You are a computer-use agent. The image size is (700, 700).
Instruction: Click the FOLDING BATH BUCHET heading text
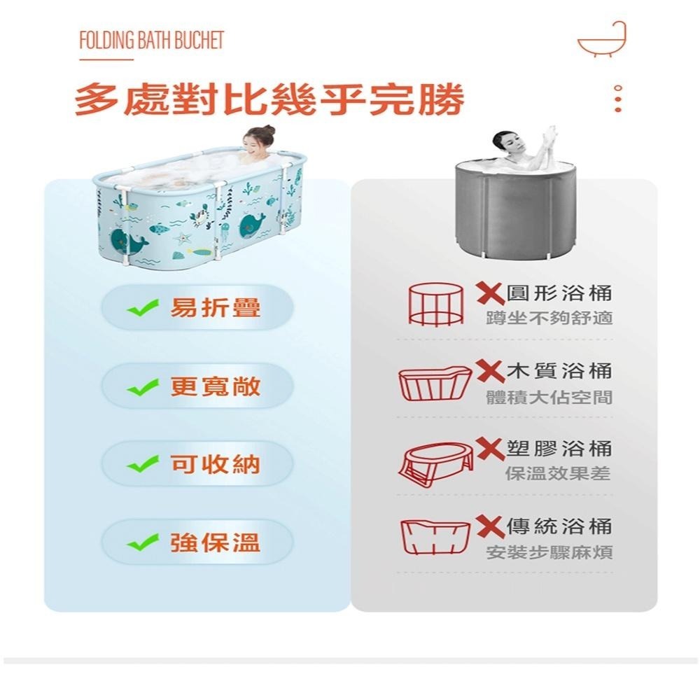151,40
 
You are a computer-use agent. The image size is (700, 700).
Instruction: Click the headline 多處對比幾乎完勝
269,100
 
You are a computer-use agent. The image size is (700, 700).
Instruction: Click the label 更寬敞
216,386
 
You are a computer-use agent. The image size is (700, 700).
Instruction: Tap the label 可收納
216,464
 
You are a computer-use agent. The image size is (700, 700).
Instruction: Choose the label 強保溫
216,542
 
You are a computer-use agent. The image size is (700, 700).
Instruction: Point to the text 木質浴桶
559,371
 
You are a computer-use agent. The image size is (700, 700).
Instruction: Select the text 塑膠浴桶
559,448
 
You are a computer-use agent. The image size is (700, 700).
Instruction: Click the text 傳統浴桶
559,526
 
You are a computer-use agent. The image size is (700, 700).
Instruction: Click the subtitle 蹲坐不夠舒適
549,319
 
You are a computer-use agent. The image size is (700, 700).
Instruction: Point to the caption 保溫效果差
558,474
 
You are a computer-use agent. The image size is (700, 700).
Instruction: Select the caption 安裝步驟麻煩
549,552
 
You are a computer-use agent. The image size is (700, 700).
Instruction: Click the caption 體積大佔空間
549,397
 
